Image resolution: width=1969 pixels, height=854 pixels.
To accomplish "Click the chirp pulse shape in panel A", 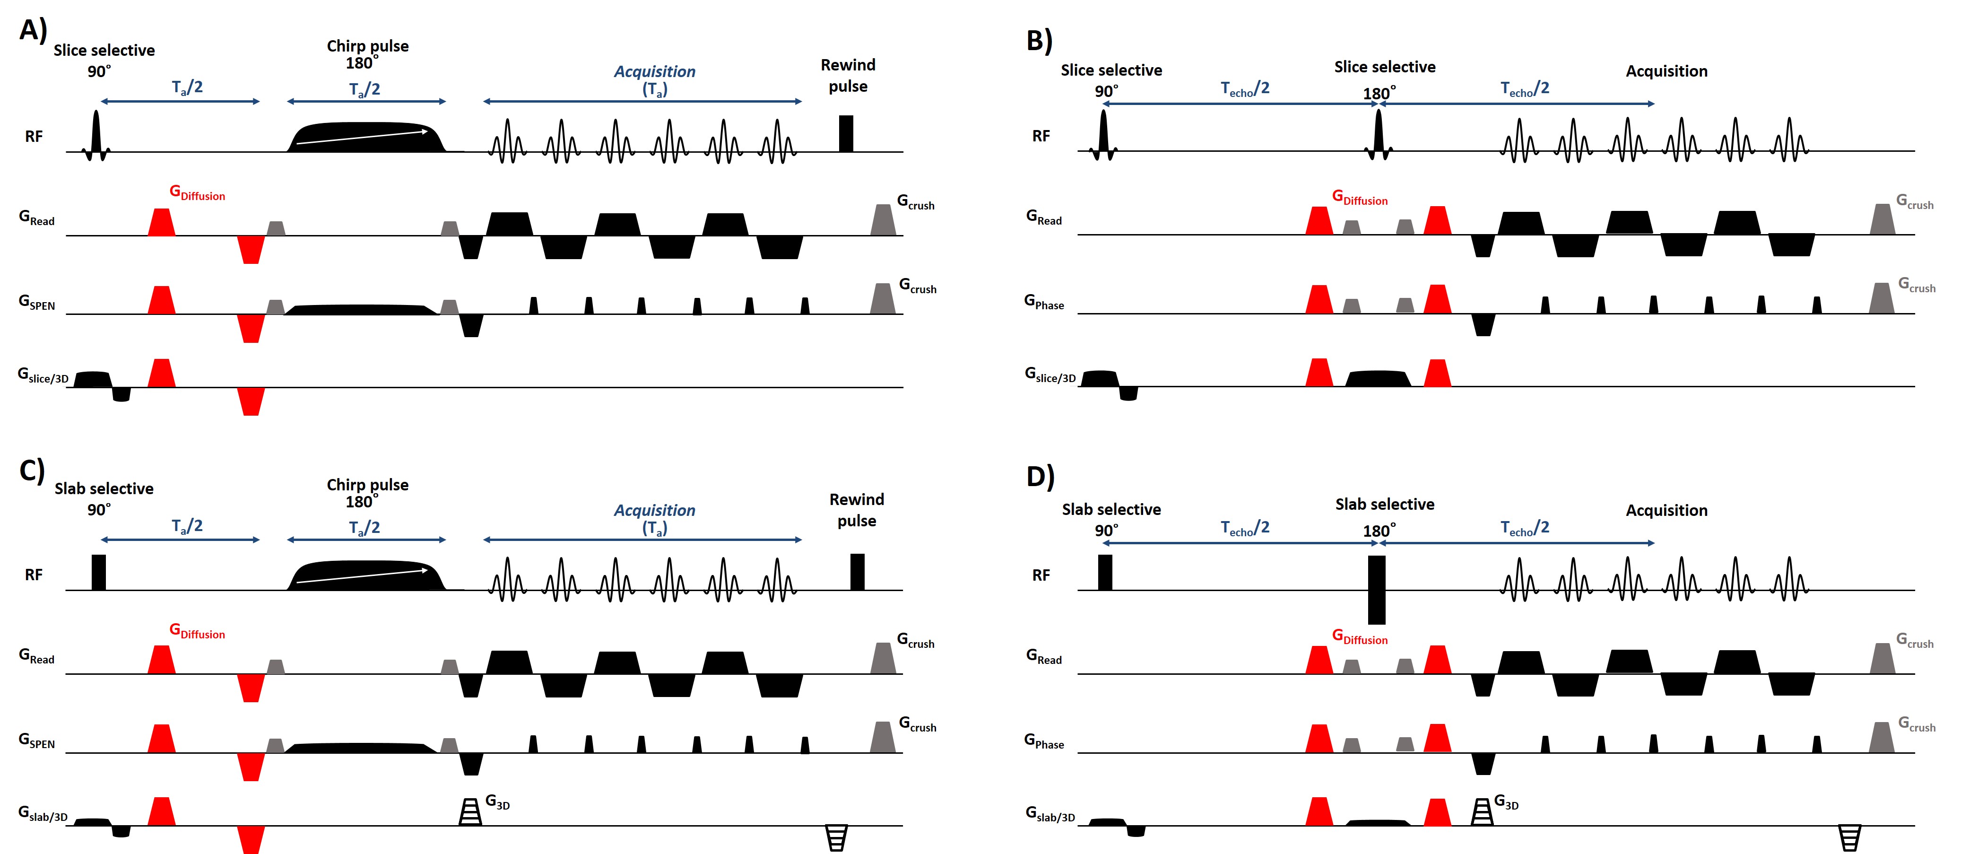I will pyautogui.click(x=365, y=138).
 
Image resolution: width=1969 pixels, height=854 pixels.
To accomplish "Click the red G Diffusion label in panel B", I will pyautogui.click(x=1359, y=198).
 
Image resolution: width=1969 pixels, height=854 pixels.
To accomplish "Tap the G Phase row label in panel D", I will pyautogui.click(x=1043, y=741).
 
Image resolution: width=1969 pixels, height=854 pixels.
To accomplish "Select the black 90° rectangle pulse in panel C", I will pyautogui.click(x=99, y=572).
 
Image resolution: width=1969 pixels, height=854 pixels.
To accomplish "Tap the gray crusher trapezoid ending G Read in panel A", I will pyautogui.click(x=883, y=220).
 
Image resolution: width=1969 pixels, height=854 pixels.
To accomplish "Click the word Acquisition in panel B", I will pyautogui.click(x=1666, y=71).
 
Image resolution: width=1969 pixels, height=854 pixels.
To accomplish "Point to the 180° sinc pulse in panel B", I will pyautogui.click(x=1378, y=135).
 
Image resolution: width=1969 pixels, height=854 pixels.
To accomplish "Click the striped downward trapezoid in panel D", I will pyautogui.click(x=1849, y=837).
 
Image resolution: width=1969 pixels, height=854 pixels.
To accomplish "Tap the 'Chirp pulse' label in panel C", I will pyautogui.click(x=368, y=485).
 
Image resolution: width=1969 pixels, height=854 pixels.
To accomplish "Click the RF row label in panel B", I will pyautogui.click(x=1041, y=136).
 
